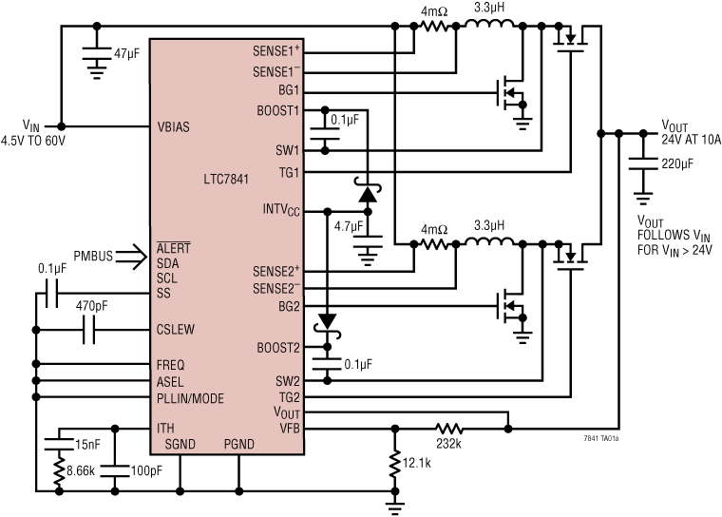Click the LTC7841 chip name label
[229, 179]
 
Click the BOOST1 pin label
[277, 110]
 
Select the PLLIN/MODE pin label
[190, 398]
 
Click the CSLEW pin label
[178, 331]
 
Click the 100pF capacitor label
[144, 469]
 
